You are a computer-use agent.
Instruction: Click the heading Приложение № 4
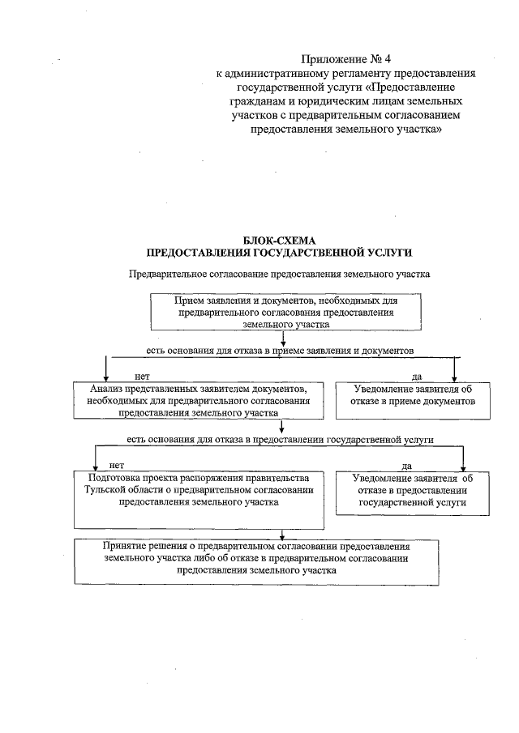tap(334, 59)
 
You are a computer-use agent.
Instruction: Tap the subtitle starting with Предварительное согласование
tap(280, 275)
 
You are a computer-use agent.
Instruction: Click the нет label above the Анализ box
tap(142, 376)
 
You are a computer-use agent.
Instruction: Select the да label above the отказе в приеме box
tap(417, 376)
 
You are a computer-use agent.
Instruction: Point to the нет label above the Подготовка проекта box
tap(116, 465)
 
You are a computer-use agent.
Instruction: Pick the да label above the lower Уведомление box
tap(407, 466)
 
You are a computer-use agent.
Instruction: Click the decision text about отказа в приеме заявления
tap(280, 352)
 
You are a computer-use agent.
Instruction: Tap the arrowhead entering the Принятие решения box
tap(281, 536)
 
